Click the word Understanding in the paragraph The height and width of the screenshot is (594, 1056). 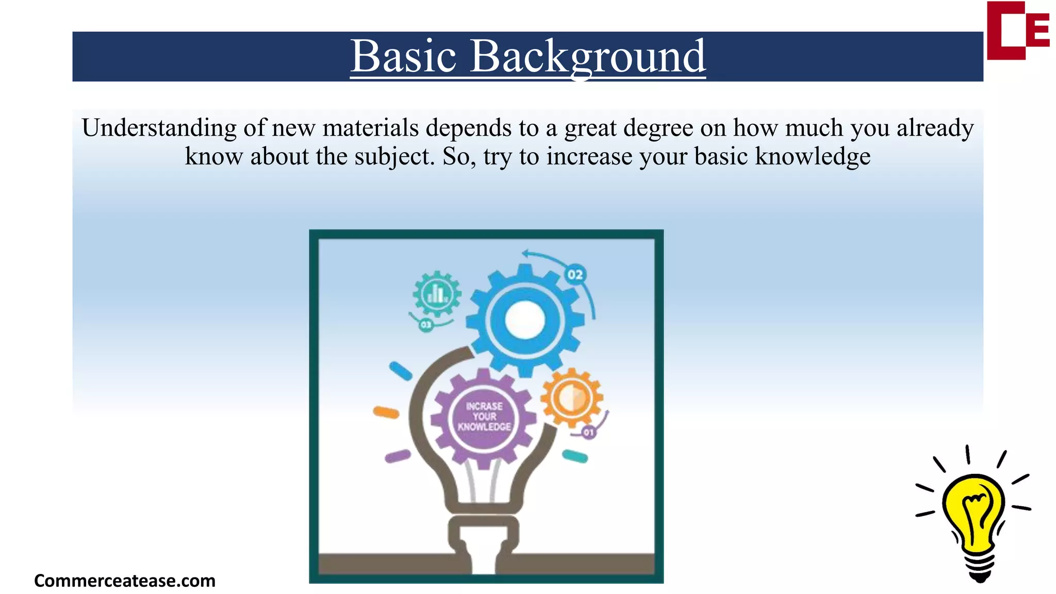[159, 128]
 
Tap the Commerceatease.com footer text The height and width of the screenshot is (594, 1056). [124, 581]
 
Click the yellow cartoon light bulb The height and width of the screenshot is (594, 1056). [973, 510]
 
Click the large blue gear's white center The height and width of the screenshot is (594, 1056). [525, 320]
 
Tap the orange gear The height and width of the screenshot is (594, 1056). [572, 398]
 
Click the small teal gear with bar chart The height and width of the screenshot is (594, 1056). [437, 294]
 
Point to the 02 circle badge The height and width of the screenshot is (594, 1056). [575, 274]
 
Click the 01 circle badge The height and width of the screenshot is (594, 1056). [588, 432]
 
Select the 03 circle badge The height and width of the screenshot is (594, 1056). [426, 325]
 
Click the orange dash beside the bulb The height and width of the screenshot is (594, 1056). [386, 412]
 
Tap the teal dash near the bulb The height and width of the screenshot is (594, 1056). [574, 456]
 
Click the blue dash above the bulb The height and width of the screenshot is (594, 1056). [401, 371]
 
